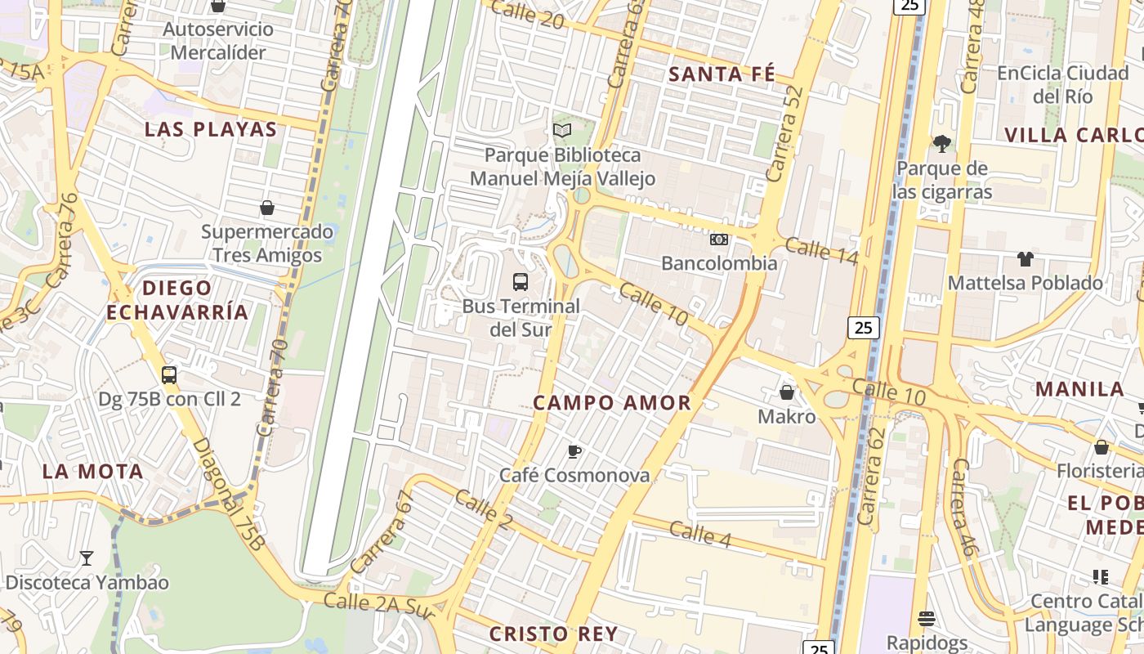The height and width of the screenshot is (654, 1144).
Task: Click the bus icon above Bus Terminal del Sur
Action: (x=520, y=282)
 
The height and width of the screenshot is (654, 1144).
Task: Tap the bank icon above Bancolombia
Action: (x=719, y=240)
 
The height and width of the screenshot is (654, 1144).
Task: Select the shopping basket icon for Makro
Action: (x=787, y=393)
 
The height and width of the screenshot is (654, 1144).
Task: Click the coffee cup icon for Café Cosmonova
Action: (x=574, y=451)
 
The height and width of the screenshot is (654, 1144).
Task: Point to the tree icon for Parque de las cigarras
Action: (x=941, y=144)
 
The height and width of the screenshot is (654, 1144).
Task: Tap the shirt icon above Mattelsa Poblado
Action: (x=1025, y=259)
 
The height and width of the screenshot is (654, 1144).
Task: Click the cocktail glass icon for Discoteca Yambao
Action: (x=86, y=558)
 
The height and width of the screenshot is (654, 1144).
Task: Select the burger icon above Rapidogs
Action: (x=926, y=618)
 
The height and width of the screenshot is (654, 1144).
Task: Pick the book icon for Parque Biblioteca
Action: (x=562, y=131)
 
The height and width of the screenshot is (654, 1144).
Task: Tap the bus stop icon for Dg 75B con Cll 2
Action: (x=169, y=375)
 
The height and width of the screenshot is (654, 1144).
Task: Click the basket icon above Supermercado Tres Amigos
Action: (x=267, y=208)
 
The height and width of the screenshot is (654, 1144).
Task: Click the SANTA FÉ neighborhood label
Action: (x=722, y=74)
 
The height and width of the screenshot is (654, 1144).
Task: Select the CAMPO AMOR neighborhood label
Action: (x=612, y=402)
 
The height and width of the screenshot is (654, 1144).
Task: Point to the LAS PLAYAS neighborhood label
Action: (x=211, y=129)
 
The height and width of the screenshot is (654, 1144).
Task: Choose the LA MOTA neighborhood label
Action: (x=93, y=471)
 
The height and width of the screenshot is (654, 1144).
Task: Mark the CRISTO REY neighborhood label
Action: (x=553, y=634)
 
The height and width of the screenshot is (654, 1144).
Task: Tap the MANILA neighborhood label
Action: (x=1079, y=388)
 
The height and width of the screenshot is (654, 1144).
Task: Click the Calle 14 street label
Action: (x=821, y=251)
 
